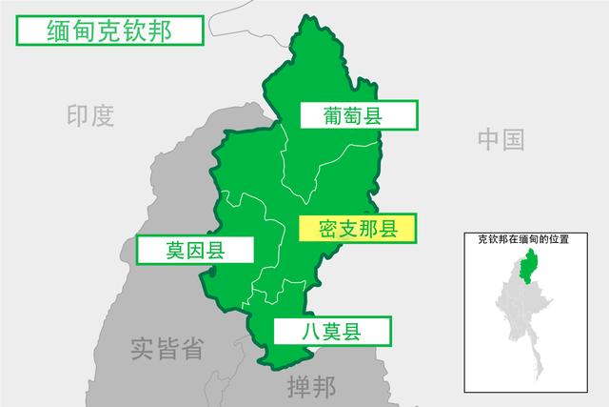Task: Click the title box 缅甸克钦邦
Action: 108,31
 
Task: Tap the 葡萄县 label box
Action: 359,115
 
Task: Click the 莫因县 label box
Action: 195,251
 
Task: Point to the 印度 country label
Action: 90,116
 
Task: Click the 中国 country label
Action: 501,140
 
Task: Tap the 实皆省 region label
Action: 167,349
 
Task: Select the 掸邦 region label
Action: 311,388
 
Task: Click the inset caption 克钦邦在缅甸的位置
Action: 523,240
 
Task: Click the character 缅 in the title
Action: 59,31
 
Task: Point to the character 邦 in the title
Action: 160,31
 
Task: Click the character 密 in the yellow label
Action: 329,229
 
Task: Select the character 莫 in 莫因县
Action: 176,251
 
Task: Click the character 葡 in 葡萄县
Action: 333,115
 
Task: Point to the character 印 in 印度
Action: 78,116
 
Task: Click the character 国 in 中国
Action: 513,140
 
